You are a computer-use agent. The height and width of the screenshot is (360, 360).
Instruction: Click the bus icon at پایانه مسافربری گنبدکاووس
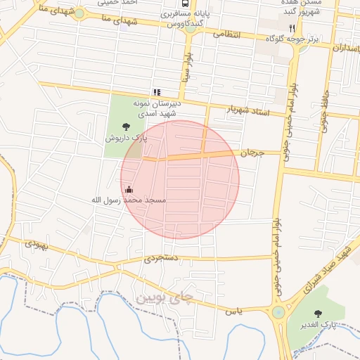click(x=185, y=4)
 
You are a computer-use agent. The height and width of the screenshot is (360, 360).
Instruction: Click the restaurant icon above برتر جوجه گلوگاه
click(x=292, y=27)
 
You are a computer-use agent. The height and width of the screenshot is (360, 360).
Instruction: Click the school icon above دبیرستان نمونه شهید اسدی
click(x=157, y=91)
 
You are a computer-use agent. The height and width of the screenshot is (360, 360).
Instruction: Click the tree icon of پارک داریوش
click(x=126, y=127)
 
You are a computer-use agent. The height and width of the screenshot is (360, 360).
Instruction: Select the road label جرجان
click(x=251, y=153)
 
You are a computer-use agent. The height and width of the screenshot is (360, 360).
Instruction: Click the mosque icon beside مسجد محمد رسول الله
click(x=129, y=189)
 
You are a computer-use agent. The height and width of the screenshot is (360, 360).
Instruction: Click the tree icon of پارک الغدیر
click(x=321, y=314)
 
